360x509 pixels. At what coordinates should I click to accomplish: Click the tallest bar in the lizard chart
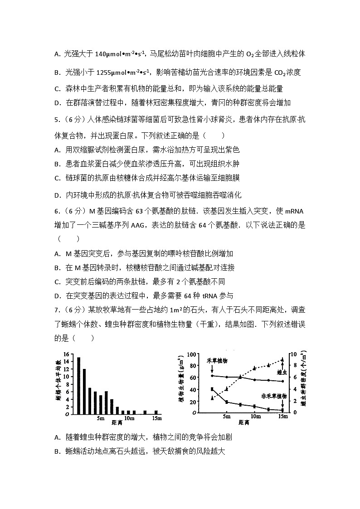pos(78,385)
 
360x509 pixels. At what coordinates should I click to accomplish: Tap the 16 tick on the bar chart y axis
pos(66,354)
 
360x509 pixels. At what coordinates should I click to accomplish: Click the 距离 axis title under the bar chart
pos(117,423)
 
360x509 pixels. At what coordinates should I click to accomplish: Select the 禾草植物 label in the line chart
pos(217,361)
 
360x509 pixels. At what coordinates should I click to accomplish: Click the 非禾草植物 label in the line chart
pos(274,396)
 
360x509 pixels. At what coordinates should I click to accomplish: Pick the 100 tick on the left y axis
pos(191,354)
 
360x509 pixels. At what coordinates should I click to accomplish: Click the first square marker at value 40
pos(212,389)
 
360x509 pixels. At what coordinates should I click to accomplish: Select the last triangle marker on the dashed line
pos(282,359)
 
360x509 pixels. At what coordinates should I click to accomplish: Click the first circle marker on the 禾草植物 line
pos(212,376)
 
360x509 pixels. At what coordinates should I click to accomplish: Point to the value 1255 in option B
pos(106,72)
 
